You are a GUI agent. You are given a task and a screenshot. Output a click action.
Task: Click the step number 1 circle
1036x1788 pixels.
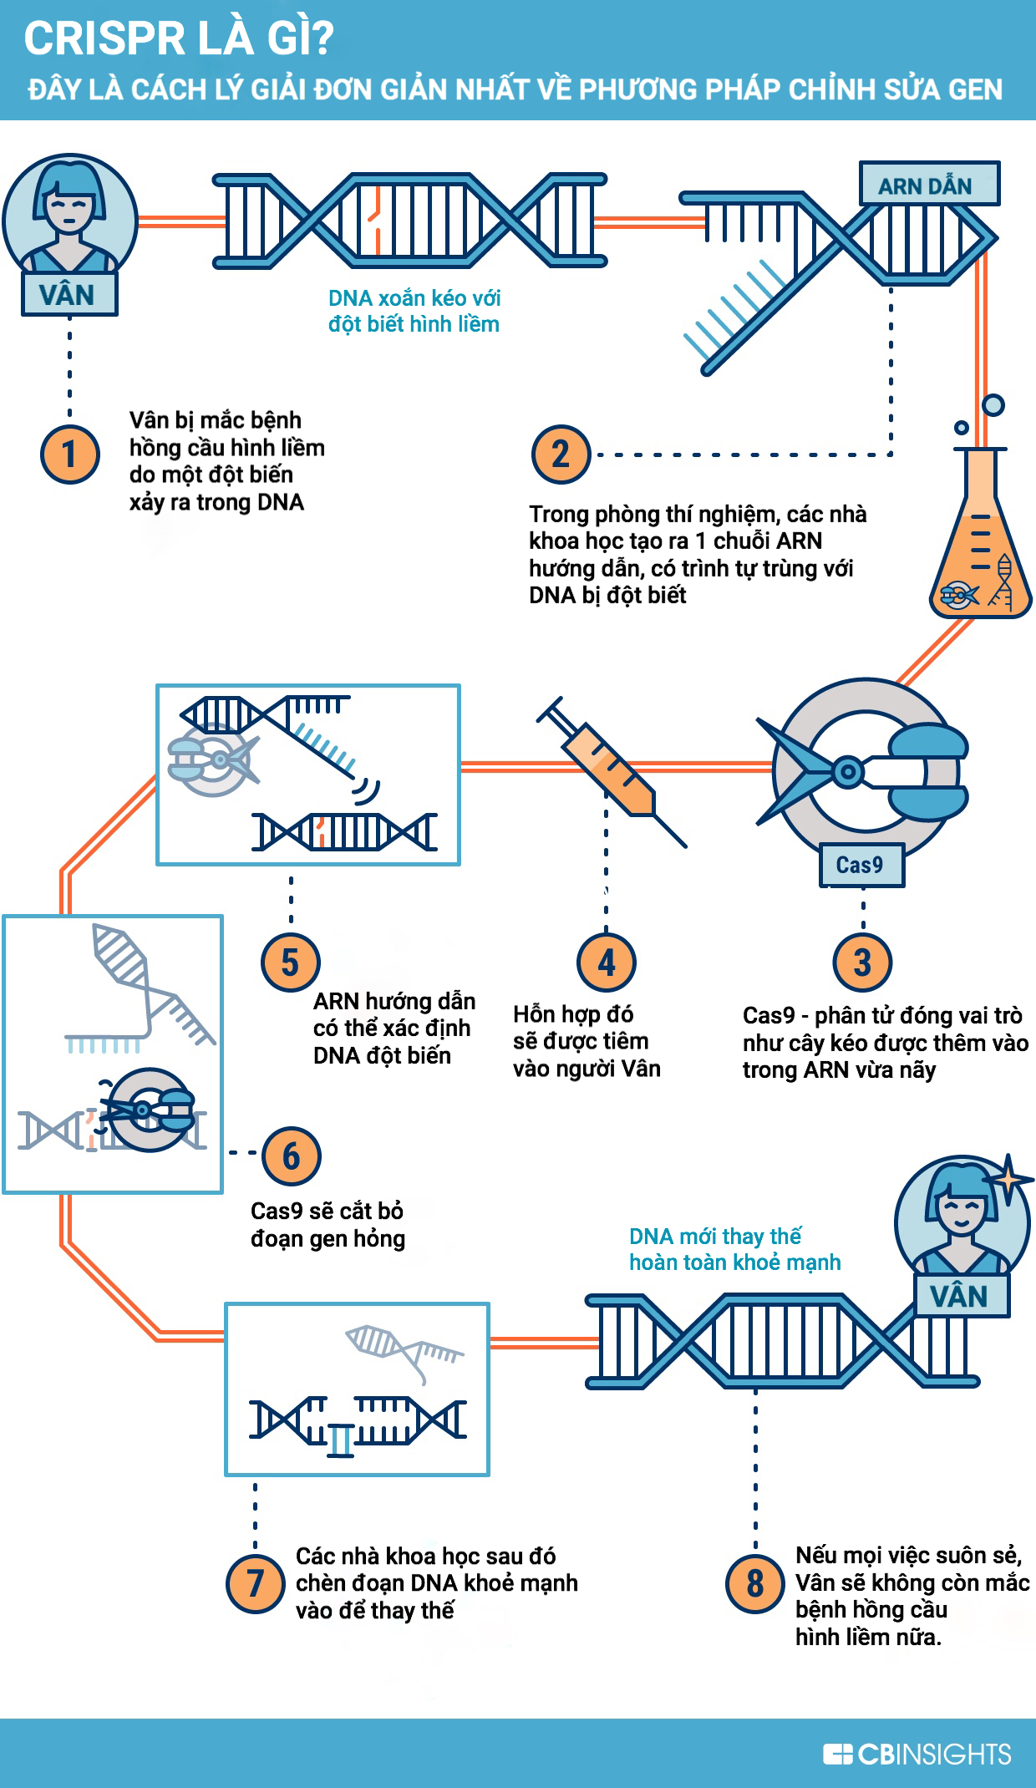pos(70,455)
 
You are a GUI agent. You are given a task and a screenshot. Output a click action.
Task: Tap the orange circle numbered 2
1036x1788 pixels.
pos(561,455)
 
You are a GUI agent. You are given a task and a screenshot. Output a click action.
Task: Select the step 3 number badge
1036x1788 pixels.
pos(862,963)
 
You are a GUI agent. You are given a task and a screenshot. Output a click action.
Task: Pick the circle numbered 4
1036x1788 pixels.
pos(607,963)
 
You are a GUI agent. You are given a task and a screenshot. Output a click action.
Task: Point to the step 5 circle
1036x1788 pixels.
pos(290,963)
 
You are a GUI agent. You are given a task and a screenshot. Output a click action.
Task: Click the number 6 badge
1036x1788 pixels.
pos(291,1156)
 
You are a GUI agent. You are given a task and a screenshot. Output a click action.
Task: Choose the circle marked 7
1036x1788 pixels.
pos(256,1582)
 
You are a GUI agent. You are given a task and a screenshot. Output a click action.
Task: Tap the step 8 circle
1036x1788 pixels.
pos(754,1582)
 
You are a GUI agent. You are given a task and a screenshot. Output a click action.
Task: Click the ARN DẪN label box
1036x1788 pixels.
pos(929,185)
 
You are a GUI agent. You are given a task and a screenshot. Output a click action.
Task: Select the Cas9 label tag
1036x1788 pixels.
pos(861,865)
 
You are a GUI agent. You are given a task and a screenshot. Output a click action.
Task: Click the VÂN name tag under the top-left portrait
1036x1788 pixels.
pos(69,295)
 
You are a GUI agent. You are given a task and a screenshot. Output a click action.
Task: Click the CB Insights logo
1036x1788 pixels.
pos(917,1754)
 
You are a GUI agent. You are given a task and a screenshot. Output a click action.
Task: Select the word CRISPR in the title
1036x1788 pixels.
pos(104,39)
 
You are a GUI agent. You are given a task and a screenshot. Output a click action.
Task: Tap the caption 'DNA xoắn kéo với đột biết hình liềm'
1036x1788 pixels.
pos(414,311)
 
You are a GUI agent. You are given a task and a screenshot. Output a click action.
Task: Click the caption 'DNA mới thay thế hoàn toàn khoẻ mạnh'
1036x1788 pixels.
pos(734,1249)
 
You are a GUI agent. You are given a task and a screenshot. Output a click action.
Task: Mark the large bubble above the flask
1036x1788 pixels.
pos(993,405)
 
